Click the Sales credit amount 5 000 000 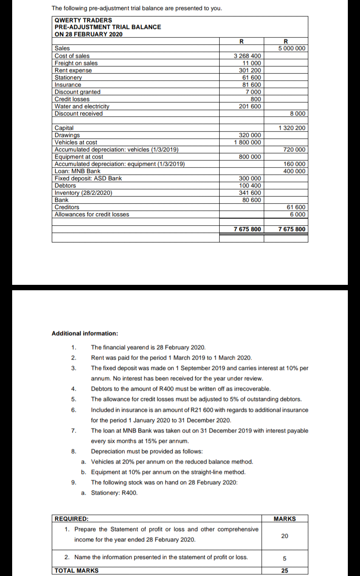click(x=292, y=49)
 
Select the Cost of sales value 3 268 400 click(x=247, y=56)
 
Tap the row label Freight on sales click(x=76, y=63)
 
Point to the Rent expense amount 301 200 click(x=250, y=70)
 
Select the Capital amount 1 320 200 click(x=292, y=128)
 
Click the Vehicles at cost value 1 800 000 click(x=247, y=142)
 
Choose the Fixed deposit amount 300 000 click(x=250, y=178)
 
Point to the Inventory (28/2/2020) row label click(x=83, y=193)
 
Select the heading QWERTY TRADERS click(x=83, y=20)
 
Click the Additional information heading click(x=85, y=333)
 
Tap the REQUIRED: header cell click(x=72, y=519)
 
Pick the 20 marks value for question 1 click(x=284, y=535)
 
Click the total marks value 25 click(x=284, y=571)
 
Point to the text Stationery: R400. click(x=114, y=493)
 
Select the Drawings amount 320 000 click(x=250, y=135)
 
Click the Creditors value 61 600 click(x=296, y=207)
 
